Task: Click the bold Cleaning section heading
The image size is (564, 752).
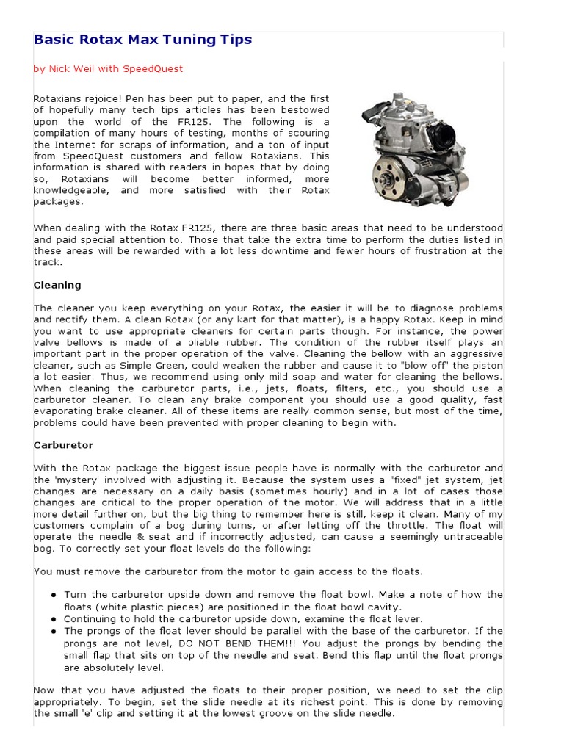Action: point(57,285)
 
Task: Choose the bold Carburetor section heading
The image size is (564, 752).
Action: point(63,445)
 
